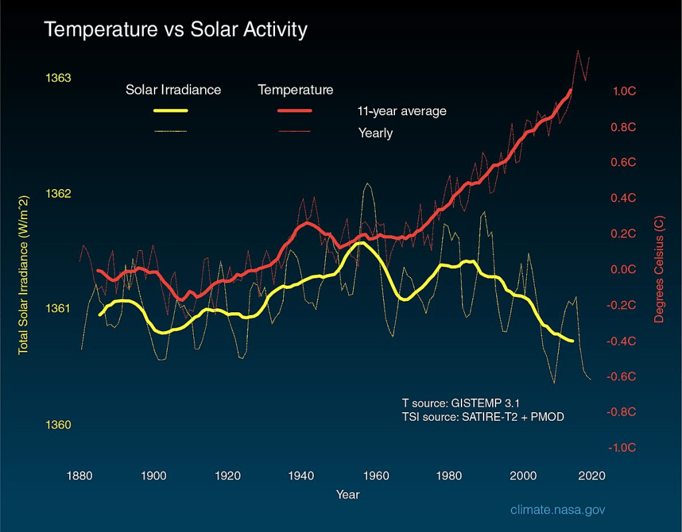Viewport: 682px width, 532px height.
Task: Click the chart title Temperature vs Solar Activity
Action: coord(175,30)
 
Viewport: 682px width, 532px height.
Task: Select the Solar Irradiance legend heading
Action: coord(173,89)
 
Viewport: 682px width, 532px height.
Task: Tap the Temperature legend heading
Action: coord(296,89)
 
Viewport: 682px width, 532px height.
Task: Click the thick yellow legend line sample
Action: coord(170,111)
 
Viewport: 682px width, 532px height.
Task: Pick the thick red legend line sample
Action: coord(294,111)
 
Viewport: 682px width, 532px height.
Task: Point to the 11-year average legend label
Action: coord(402,111)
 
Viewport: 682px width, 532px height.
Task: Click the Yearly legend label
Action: coord(376,133)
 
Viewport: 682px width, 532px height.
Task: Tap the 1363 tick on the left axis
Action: coord(58,78)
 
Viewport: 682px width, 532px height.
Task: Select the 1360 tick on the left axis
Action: coord(58,425)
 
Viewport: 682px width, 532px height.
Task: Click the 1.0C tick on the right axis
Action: coord(623,91)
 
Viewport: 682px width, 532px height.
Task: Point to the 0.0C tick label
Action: coord(623,270)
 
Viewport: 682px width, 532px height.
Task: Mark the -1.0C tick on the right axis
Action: coord(622,447)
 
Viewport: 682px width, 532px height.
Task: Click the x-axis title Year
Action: coord(348,495)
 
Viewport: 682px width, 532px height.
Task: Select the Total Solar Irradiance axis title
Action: coord(23,274)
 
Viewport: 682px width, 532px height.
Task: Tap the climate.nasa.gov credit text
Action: coord(558,510)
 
